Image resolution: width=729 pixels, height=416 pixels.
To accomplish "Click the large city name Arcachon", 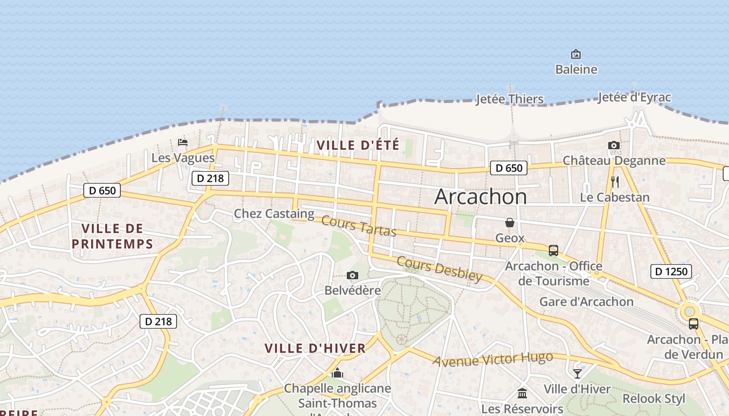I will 480,197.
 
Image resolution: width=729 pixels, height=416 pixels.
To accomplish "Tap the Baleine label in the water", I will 576,69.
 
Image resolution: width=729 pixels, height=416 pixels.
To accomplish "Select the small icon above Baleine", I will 576,54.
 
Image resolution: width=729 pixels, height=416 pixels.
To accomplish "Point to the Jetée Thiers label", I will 509,99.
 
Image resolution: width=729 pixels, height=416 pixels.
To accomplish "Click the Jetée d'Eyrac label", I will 634,97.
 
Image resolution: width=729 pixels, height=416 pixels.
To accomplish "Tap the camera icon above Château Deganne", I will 614,145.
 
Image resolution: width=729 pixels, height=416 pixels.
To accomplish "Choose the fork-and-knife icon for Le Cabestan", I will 615,181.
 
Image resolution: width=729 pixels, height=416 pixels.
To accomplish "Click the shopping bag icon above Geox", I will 510,223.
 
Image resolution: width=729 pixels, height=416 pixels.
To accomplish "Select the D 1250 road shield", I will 671,271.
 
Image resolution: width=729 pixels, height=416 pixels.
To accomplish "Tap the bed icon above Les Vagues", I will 182,142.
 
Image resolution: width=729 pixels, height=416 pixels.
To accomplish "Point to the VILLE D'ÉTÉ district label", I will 358,145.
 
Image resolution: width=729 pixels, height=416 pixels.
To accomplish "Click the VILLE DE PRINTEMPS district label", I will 112,236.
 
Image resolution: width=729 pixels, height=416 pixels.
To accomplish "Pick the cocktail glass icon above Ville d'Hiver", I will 577,373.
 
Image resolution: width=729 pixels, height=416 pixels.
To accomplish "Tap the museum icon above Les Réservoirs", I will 522,393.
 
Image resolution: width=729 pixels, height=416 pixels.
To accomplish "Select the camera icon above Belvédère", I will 353,275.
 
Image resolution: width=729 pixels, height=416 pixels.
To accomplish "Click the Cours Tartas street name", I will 359,226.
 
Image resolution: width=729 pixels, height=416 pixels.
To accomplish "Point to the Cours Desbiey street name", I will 439,268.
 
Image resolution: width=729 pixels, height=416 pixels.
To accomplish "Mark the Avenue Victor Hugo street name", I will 492,359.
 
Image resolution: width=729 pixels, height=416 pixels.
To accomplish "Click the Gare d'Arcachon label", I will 586,302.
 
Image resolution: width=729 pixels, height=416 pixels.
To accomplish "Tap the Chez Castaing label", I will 274,213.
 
